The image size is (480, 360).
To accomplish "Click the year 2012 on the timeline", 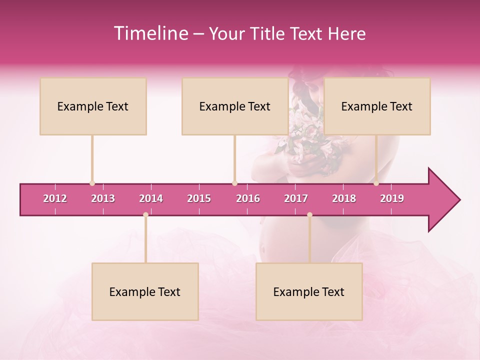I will coord(55,198).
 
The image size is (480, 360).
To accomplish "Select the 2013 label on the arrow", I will coord(103,198).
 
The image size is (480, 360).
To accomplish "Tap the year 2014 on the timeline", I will coord(151,198).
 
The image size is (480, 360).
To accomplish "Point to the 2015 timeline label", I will coord(199,198).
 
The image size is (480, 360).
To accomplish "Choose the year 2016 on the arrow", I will coord(248,198).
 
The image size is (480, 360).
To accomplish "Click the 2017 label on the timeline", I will coord(296,198).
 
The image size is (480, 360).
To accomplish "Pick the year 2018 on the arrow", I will coord(344,198).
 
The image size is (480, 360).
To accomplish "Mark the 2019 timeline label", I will coord(392,198).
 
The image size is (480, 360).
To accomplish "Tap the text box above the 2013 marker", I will coord(93,106).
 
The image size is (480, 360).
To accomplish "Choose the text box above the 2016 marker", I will coord(235,106).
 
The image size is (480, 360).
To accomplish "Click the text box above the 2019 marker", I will coord(377,106).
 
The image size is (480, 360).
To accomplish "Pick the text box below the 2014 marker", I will coord(145,292).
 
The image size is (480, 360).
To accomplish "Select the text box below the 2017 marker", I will coord(309,292).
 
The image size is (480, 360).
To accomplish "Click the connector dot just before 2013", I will coord(92,183).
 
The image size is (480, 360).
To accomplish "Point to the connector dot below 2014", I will coord(145,215).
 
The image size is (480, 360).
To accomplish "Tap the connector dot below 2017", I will coord(309,215).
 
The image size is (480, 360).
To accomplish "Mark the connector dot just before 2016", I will coord(234,183).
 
